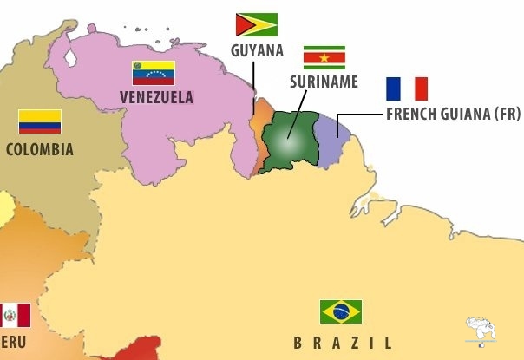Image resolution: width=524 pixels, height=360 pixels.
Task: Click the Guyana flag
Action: coord(256,24)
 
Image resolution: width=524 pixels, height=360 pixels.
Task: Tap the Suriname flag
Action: coord(324,57)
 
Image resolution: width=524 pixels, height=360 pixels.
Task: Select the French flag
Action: coord(407,88)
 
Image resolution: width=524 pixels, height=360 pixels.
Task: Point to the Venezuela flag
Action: coord(153,72)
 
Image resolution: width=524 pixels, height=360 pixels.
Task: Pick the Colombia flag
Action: coord(40,121)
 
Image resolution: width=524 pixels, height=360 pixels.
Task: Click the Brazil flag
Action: coord(341,311)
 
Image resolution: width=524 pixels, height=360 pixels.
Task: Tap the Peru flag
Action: coord(16,315)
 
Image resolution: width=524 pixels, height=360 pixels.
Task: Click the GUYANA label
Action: coord(257,49)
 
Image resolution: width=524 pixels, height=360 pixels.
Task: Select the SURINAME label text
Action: coord(324,82)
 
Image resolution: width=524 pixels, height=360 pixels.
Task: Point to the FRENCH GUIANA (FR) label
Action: coord(452,114)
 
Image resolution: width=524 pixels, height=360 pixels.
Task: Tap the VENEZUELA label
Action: coord(156,97)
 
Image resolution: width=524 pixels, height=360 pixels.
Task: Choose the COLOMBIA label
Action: coord(39,149)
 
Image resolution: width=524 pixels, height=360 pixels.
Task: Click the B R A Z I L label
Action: coord(343,342)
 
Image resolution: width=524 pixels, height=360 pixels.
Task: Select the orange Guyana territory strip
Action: coord(259,139)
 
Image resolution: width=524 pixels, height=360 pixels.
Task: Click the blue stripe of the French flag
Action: coord(393,88)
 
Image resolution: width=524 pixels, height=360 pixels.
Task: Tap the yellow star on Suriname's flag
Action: coord(324,57)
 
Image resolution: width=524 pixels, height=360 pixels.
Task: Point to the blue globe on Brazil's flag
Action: coord(341,311)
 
